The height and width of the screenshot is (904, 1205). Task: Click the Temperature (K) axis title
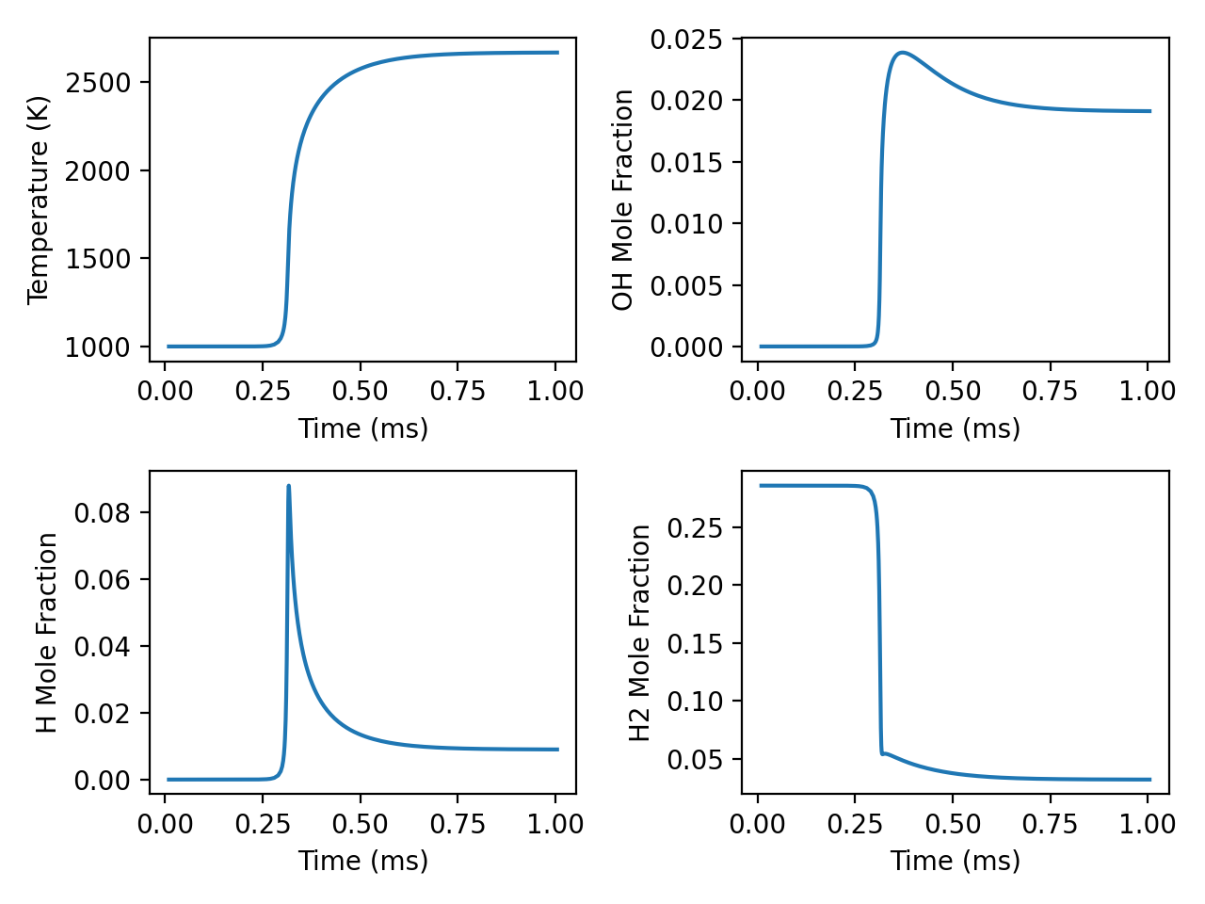38,201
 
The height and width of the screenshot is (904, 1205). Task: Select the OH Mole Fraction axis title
622,201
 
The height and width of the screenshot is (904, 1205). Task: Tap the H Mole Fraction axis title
47,633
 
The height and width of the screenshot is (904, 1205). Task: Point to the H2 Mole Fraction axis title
640,633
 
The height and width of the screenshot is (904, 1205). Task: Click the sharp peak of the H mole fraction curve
288,486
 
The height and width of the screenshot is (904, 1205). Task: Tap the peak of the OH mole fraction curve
903,53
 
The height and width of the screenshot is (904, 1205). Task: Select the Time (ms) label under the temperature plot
363,428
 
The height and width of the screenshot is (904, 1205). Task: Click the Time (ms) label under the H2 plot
956,861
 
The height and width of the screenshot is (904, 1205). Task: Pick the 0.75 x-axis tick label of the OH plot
1050,392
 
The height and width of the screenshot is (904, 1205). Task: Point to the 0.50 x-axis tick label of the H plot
361,824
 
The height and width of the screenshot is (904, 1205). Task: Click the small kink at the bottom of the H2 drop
883,753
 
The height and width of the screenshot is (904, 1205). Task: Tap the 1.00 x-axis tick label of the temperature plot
555,392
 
